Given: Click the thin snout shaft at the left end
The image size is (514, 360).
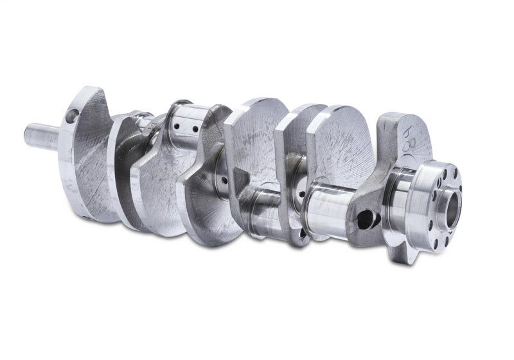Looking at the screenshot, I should pyautogui.click(x=41, y=136).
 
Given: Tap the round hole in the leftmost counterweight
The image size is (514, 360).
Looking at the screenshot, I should pyautogui.click(x=72, y=116).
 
